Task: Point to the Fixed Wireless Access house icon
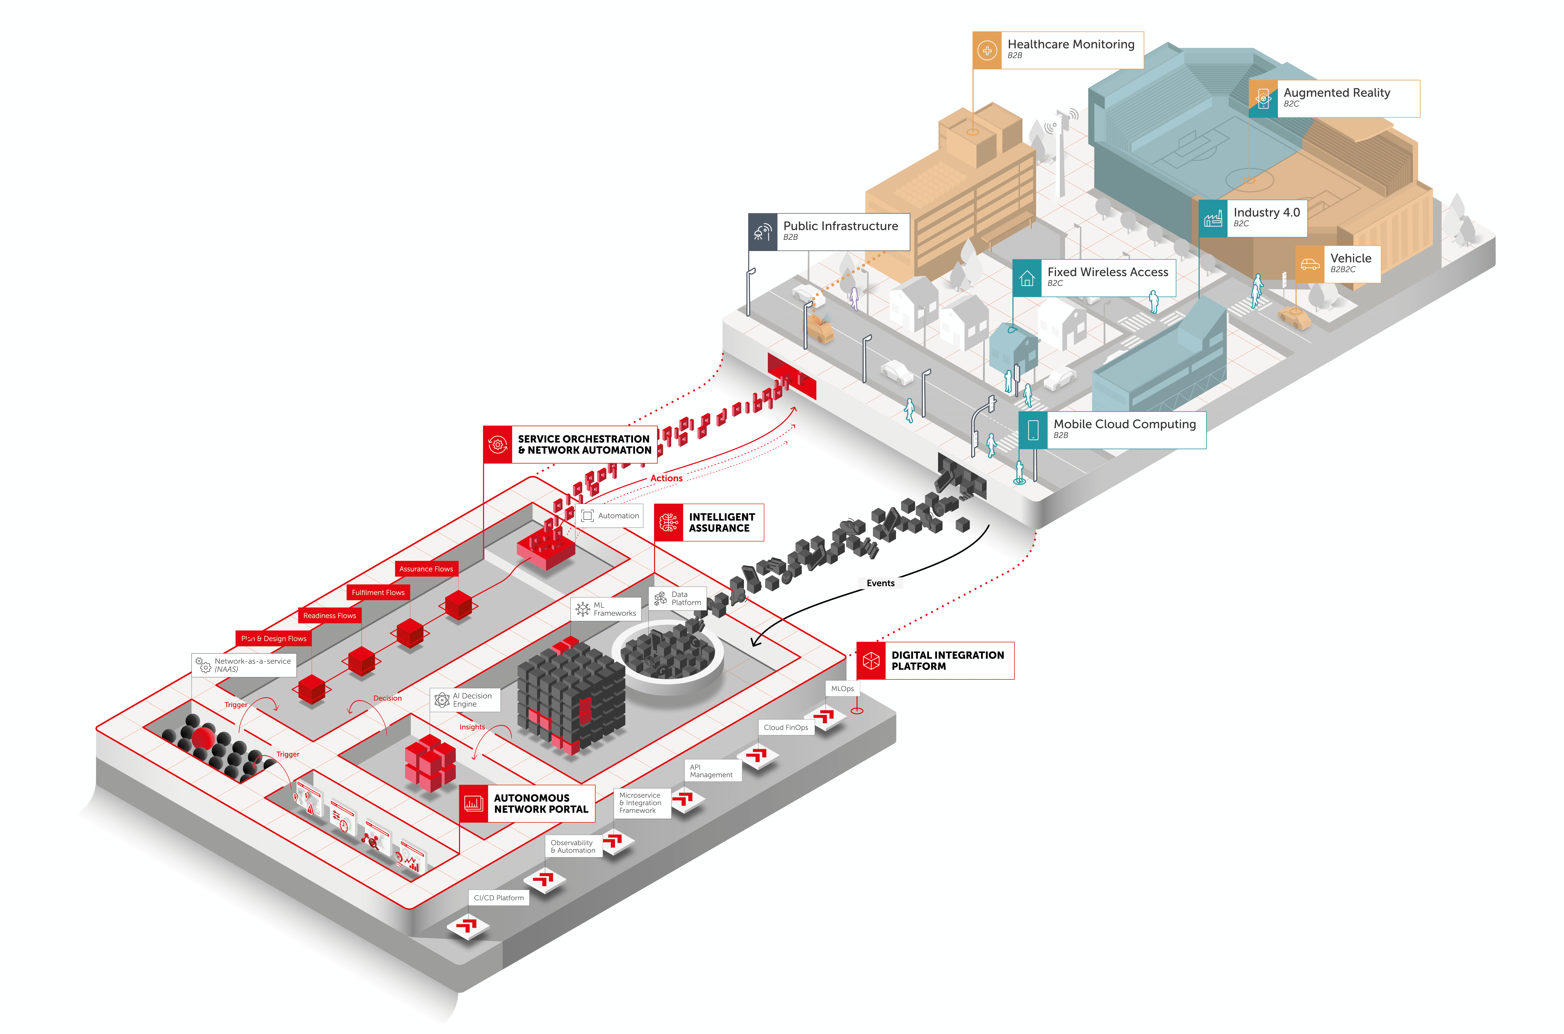[x=1027, y=278]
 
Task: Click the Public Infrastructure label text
[x=840, y=226]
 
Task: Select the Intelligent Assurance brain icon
[x=668, y=522]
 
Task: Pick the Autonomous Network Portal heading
[x=540, y=803]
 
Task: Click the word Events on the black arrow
[x=880, y=583]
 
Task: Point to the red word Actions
[x=666, y=478]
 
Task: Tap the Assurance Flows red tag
[x=426, y=568]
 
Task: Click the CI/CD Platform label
[x=498, y=898]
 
